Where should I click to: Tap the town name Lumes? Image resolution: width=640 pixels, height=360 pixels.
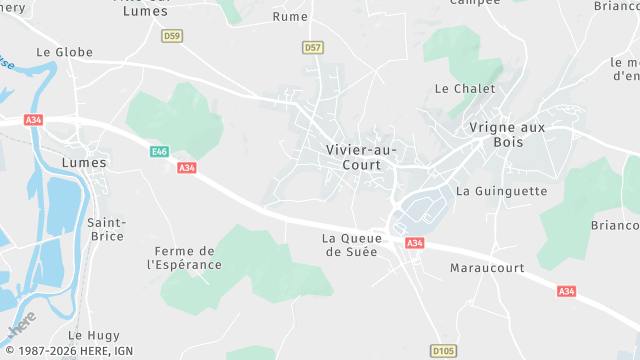(x=84, y=161)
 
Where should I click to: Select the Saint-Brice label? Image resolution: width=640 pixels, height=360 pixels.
(x=106, y=229)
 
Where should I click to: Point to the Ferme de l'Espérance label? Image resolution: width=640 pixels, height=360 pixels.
(x=184, y=257)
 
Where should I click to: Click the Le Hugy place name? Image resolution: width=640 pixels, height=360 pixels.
(x=87, y=335)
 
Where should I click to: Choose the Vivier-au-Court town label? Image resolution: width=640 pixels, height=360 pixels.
(x=360, y=157)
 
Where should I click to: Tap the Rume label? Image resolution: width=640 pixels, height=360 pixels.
(x=290, y=17)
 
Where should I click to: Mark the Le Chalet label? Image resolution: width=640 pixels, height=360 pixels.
(x=465, y=88)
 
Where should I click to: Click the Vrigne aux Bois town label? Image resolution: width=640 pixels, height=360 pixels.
(x=508, y=134)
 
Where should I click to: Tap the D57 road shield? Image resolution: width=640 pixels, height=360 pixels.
(x=313, y=47)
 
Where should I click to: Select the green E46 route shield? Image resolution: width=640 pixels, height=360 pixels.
(x=159, y=151)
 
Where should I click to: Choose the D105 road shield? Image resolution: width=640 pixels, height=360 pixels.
(x=443, y=351)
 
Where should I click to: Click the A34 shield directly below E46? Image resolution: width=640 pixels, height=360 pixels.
(x=186, y=168)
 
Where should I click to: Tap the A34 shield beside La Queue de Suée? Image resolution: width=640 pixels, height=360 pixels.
(x=415, y=243)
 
